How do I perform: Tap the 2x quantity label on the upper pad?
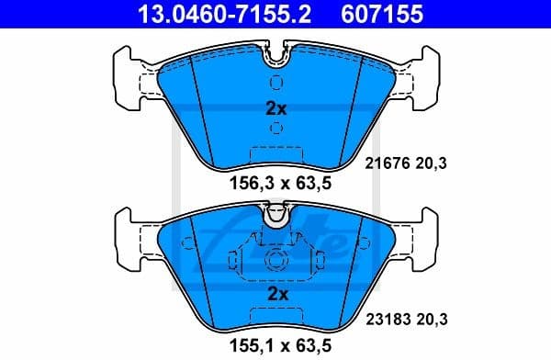275,108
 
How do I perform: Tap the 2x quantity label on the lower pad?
275,295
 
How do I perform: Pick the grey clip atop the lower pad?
275,218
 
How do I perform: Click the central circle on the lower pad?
275,260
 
